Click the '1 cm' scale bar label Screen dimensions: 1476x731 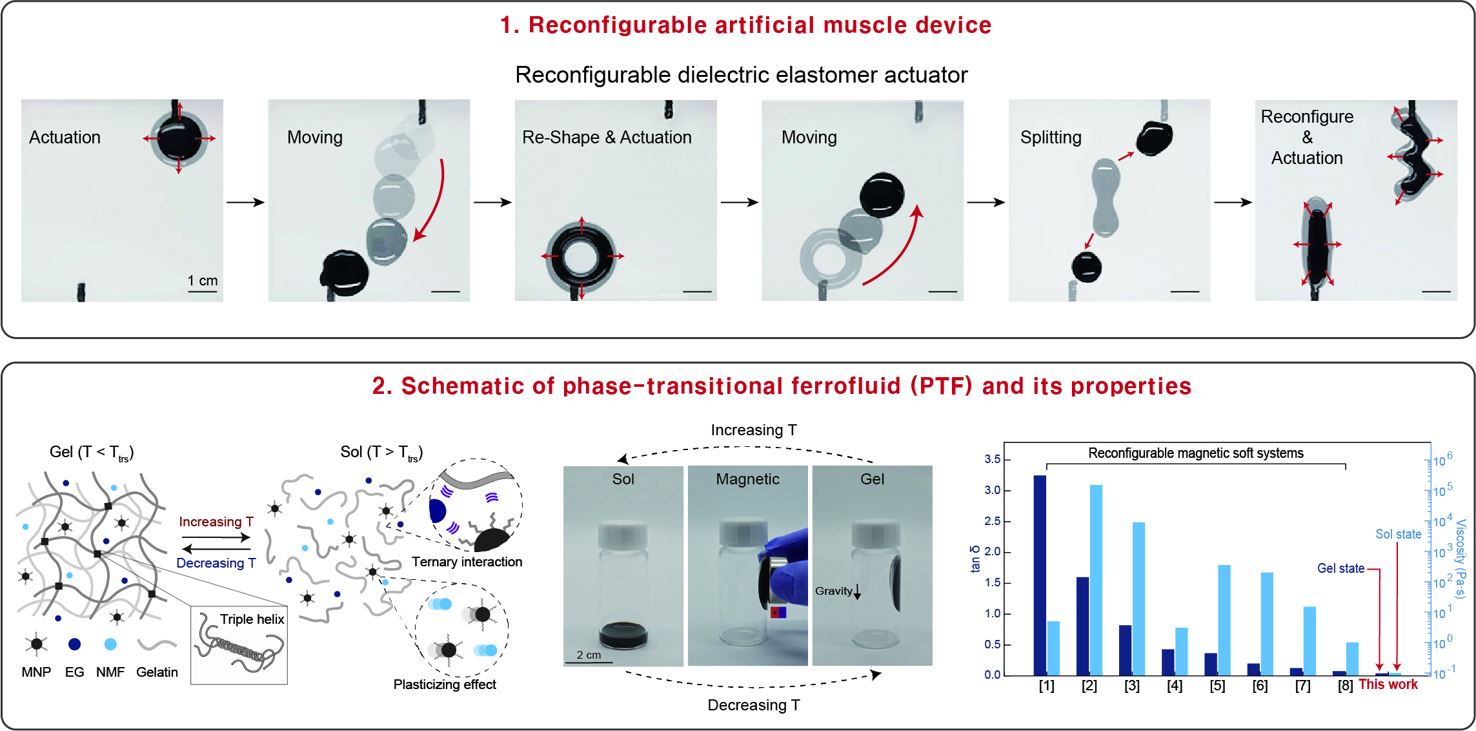click(203, 281)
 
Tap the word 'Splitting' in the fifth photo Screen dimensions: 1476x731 click(1051, 138)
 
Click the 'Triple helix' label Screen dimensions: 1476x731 click(252, 619)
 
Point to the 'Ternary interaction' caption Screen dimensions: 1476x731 click(467, 562)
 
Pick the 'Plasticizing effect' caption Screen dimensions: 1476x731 click(445, 685)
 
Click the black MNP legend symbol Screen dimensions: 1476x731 click(36, 644)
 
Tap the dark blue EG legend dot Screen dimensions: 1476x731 click(74, 644)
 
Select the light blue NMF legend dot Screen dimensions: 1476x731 click(110, 644)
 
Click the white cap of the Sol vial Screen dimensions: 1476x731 click(623, 535)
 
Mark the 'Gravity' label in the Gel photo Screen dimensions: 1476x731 click(833, 591)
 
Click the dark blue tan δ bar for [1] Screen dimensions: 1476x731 click(1040, 575)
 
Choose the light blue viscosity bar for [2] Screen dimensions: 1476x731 click(1096, 580)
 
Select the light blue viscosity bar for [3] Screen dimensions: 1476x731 click(1138, 599)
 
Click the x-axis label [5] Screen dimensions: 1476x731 click(1217, 686)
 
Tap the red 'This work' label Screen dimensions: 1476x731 click(1388, 685)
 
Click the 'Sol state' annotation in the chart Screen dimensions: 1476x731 click(1399, 534)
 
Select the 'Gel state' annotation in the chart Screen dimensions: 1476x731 click(1340, 568)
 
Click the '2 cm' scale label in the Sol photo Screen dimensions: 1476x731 click(589, 655)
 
